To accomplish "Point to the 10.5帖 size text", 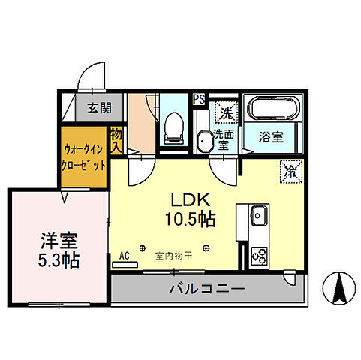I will [x=193, y=220].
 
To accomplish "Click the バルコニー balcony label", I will [x=206, y=289].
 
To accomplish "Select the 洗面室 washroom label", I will [x=224, y=140].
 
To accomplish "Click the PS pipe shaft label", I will [x=199, y=98].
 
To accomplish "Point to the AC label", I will [x=125, y=256].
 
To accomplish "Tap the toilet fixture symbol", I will [x=173, y=127].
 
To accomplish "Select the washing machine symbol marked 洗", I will [x=225, y=113].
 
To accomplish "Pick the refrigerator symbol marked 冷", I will [x=290, y=170].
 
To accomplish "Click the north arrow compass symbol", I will [x=338, y=286].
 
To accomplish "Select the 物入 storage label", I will [x=116, y=140].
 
